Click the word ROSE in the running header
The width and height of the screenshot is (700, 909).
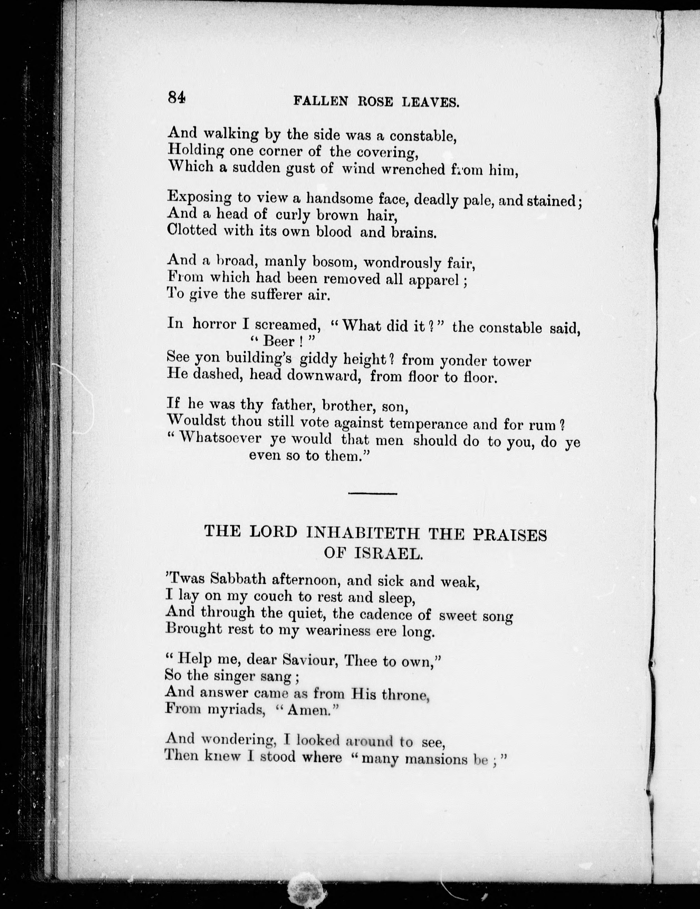click(x=375, y=102)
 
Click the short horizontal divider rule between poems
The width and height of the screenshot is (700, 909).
click(x=373, y=494)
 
